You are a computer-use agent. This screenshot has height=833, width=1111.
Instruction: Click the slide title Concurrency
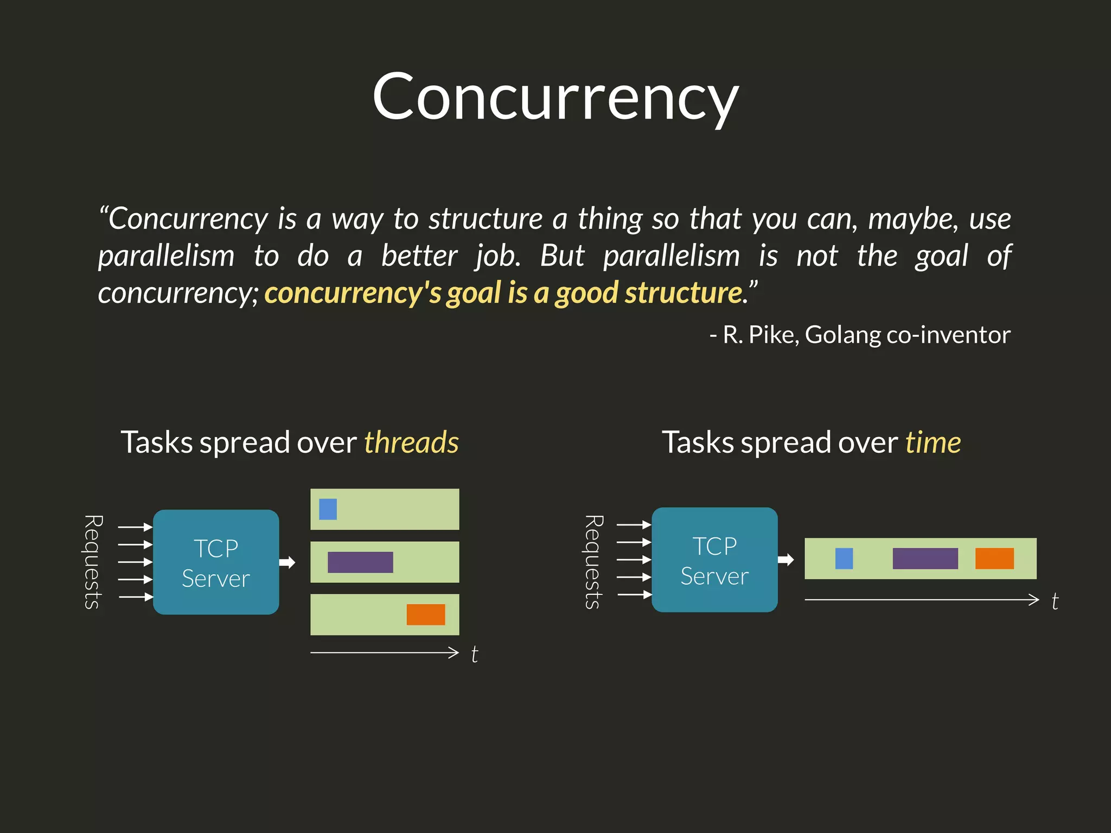tap(555, 98)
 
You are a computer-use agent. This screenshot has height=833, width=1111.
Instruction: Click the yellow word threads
tap(411, 442)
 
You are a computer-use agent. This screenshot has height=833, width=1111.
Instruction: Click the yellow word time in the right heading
tap(933, 442)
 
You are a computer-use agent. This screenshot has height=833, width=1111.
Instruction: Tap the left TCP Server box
tap(216, 562)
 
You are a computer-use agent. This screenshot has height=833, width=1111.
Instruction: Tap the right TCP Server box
tap(714, 560)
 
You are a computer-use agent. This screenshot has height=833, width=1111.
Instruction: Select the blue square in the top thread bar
tap(328, 509)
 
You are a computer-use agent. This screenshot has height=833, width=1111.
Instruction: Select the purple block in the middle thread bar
tap(360, 562)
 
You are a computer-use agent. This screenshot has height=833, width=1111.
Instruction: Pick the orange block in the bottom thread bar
tap(426, 614)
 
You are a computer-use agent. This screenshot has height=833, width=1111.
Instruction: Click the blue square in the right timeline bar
tap(844, 559)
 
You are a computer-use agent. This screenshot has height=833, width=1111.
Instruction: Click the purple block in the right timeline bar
tap(925, 559)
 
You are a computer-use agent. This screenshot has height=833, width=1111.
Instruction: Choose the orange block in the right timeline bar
tap(994, 559)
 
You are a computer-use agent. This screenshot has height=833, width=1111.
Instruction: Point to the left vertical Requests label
tap(93, 562)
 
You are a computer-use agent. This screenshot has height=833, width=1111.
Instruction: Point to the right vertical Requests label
tap(593, 562)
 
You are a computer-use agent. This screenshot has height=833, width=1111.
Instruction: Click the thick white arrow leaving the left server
tap(288, 562)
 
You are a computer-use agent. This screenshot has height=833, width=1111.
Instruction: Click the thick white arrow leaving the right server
tap(786, 560)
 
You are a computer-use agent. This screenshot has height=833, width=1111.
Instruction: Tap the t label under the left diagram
tap(475, 654)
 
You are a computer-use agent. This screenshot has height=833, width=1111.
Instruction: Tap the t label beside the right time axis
tap(1055, 601)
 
